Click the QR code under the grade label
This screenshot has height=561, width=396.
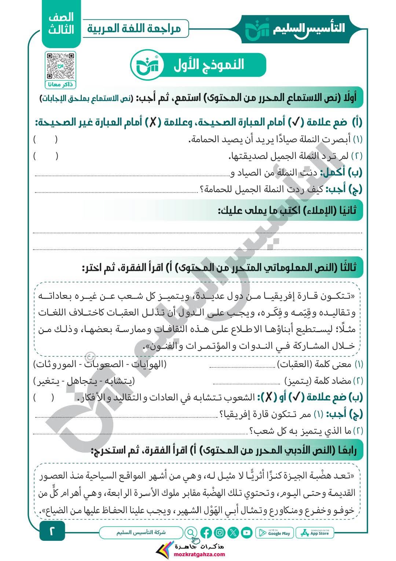click(60, 66)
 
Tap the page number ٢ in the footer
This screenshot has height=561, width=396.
click(52, 531)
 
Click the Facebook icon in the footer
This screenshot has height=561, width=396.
click(206, 532)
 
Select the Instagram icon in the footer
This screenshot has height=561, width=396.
click(220, 532)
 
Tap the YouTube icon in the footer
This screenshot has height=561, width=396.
click(247, 532)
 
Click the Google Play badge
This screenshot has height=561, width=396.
click(275, 533)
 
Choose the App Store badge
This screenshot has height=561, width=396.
click(316, 533)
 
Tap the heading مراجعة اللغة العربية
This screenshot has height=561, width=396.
click(135, 28)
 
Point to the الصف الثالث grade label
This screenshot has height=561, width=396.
click(61, 24)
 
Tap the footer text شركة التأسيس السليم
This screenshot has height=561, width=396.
click(141, 532)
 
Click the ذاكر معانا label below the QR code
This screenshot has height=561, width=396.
click(60, 85)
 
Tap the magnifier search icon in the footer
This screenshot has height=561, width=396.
click(190, 532)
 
